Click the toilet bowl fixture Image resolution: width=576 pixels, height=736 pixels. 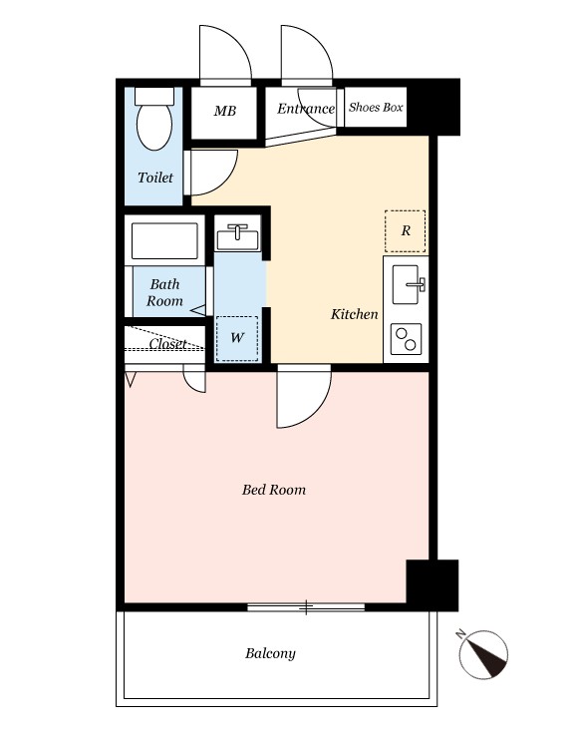point(154,119)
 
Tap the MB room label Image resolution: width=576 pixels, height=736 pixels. point(224,111)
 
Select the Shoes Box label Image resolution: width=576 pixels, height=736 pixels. point(376,107)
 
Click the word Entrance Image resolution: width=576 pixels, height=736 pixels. point(306,109)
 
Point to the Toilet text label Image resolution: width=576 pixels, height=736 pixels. point(155,178)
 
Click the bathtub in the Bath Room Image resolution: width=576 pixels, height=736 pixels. point(164,240)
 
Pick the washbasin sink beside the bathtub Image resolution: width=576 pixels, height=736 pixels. point(237,236)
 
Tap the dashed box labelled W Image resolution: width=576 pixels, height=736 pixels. point(237,338)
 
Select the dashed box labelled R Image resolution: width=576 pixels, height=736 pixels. point(406,231)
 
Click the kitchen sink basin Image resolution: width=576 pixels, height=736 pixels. point(406,284)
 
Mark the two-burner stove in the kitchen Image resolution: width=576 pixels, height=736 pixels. point(407,339)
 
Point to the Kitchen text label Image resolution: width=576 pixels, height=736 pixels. point(354,314)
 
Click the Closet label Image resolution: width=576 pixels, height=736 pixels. point(168,344)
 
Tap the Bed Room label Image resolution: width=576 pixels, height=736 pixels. point(274,490)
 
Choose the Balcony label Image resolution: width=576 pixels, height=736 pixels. point(271,654)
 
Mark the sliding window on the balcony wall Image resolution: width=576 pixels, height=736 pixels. point(306,607)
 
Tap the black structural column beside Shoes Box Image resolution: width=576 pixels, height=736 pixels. point(432,108)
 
